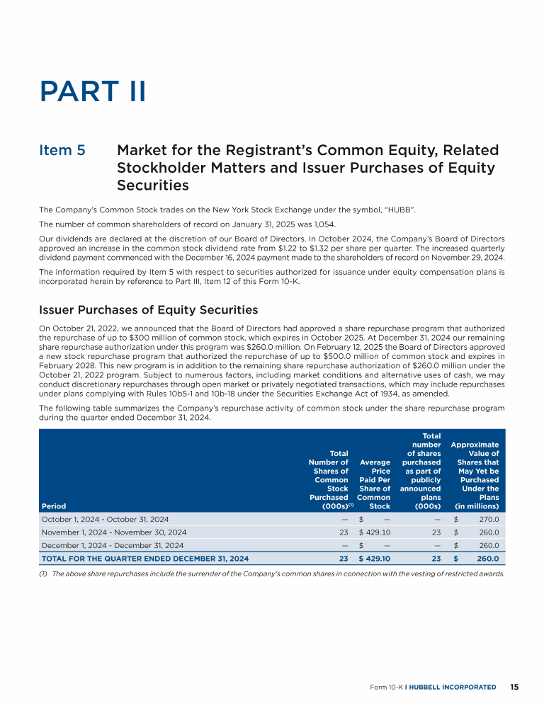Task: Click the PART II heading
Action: click(93, 91)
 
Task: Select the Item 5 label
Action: click(62, 151)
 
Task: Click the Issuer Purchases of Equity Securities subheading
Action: click(149, 310)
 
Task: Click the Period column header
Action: click(54, 506)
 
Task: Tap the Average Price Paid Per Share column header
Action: click(375, 484)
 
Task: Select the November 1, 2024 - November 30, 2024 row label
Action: click(114, 532)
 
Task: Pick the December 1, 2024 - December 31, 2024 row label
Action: click(113, 545)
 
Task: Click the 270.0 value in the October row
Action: click(488, 519)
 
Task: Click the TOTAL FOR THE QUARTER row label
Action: click(145, 559)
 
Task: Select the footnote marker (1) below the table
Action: click(44, 574)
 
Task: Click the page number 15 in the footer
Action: click(514, 687)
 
